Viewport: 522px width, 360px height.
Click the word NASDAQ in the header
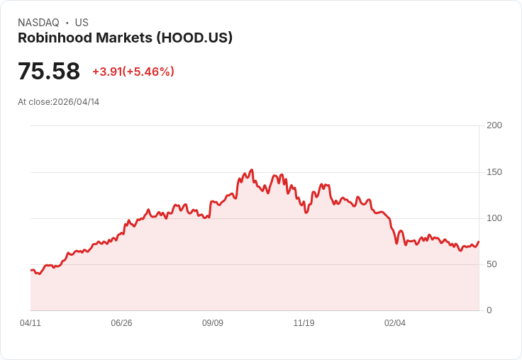tap(38, 23)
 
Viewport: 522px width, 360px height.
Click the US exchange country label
tap(82, 23)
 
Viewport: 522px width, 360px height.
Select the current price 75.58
tap(49, 72)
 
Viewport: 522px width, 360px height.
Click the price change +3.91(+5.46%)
tap(133, 72)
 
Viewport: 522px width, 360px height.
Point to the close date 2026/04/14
tap(76, 102)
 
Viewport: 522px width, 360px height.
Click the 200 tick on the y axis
tap(494, 125)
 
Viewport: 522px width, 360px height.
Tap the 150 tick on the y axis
tap(494, 172)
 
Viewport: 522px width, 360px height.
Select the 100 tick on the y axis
tap(494, 218)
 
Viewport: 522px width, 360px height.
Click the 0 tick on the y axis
tap(489, 310)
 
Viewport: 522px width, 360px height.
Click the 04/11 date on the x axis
tap(30, 323)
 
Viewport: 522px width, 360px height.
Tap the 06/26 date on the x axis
tap(121, 323)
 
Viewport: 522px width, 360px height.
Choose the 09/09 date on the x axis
tap(213, 323)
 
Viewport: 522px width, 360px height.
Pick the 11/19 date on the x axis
tap(304, 323)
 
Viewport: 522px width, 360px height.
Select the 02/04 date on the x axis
tap(395, 323)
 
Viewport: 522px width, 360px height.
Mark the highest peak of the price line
tap(252, 170)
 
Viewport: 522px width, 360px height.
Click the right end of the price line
tap(479, 242)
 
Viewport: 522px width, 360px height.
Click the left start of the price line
tap(30, 270)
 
